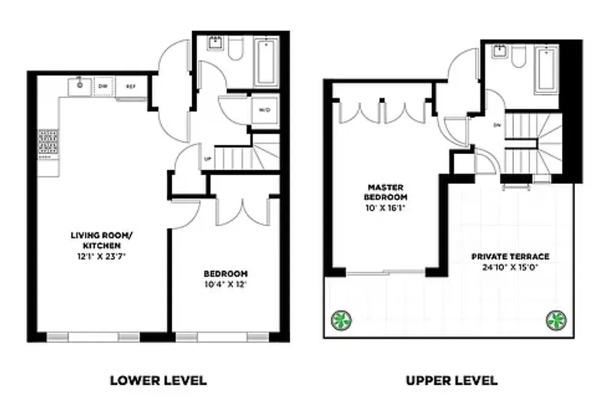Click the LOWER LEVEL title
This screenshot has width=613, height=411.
click(x=158, y=381)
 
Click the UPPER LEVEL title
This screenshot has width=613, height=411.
click(x=451, y=381)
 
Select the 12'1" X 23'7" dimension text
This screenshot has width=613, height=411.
click(x=102, y=253)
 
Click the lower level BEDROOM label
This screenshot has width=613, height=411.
click(x=226, y=273)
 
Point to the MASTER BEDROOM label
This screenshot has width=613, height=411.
click(x=386, y=192)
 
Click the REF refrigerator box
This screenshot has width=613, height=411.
click(x=132, y=87)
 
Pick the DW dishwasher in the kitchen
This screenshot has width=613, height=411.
click(x=103, y=86)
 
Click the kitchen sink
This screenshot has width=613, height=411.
click(x=80, y=85)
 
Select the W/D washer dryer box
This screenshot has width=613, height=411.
click(x=265, y=109)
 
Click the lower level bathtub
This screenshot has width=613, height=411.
click(x=267, y=62)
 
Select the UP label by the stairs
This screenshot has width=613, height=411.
click(x=208, y=159)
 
